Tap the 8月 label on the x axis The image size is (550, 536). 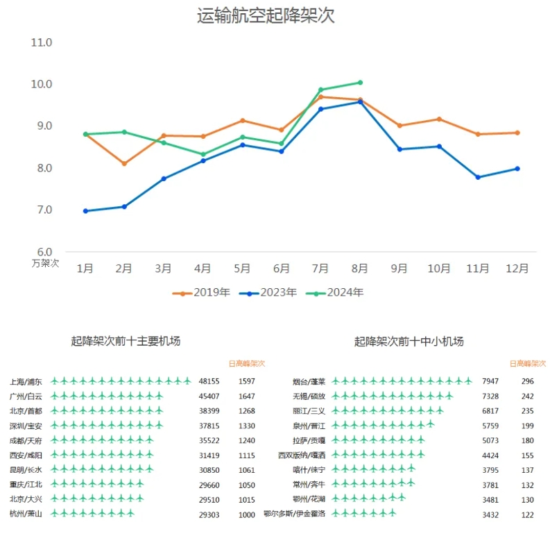click(x=359, y=268)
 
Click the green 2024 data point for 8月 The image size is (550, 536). click(x=360, y=83)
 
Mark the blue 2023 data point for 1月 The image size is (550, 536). click(x=85, y=211)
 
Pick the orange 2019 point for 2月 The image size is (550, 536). click(x=124, y=164)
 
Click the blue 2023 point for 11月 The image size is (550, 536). click(x=478, y=177)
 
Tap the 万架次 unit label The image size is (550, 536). click(x=46, y=263)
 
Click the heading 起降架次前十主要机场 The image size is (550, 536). click(x=126, y=341)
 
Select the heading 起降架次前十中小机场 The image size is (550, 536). click(x=409, y=341)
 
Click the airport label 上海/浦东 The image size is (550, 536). click(x=26, y=382)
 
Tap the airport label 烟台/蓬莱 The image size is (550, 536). click(x=309, y=382)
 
